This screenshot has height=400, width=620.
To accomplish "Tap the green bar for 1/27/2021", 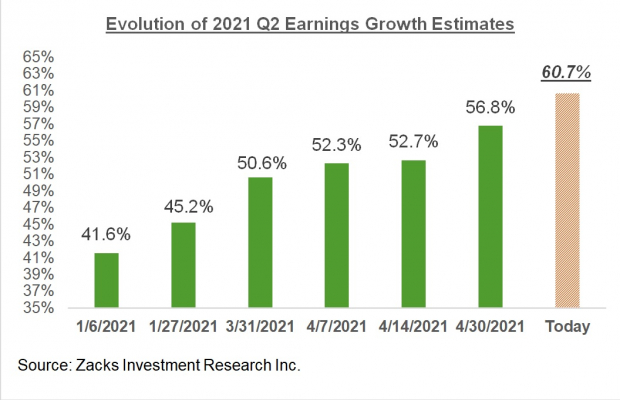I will [x=183, y=265].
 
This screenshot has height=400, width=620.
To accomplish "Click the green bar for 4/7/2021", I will [x=336, y=235].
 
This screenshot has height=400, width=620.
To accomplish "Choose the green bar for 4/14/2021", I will [x=413, y=233].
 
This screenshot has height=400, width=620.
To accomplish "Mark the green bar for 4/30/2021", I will [x=490, y=216].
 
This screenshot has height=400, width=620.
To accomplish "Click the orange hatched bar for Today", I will [x=567, y=200].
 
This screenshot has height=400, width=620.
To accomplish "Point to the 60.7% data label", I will [x=567, y=73].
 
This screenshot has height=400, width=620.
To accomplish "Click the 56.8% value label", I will [x=490, y=106].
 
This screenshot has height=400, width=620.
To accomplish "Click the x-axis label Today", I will [x=567, y=327].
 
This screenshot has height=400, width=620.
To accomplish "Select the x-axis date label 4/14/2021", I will [x=413, y=327].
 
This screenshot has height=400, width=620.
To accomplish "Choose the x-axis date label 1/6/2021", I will [x=105, y=327].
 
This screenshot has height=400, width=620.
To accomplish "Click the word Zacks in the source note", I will [x=100, y=366].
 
